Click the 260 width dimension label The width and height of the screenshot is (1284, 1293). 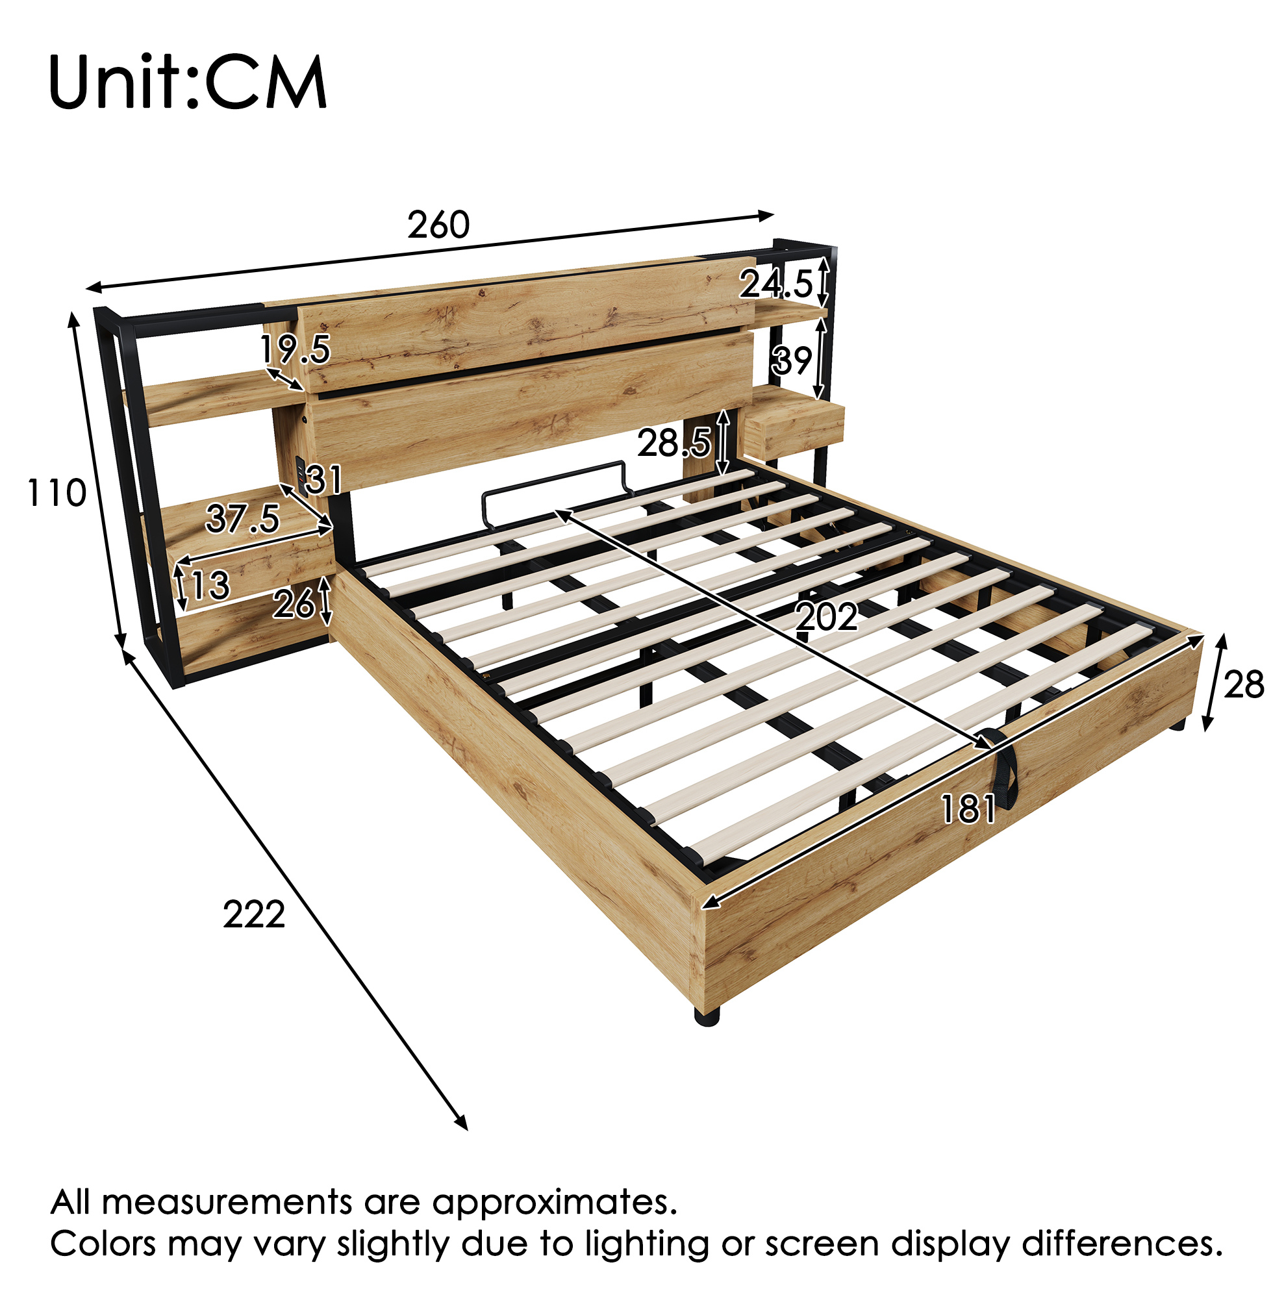click(x=438, y=225)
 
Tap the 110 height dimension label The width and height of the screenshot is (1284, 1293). click(x=57, y=494)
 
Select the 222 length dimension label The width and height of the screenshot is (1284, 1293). click(x=254, y=914)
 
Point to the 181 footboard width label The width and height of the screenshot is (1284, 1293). click(x=968, y=809)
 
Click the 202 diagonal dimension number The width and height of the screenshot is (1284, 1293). click(x=826, y=616)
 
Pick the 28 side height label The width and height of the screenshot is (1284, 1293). click(x=1244, y=684)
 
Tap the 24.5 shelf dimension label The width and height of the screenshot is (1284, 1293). click(x=776, y=284)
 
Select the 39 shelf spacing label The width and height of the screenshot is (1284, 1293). click(x=792, y=360)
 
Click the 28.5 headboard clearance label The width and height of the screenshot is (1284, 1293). click(x=673, y=442)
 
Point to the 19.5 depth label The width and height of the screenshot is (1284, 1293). click(x=295, y=349)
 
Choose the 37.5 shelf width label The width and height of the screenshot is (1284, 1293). click(x=242, y=519)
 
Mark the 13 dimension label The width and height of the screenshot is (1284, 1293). click(x=210, y=585)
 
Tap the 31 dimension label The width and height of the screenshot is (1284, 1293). click(x=324, y=480)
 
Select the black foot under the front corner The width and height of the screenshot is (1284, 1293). click(x=707, y=1016)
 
